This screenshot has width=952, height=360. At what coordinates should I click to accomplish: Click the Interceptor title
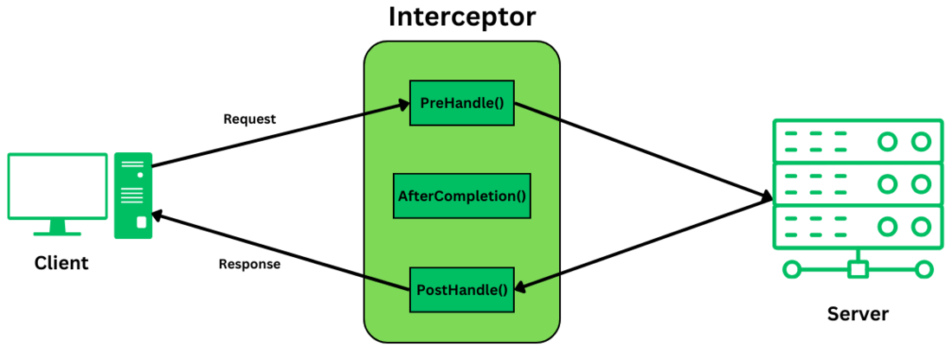pos(461,17)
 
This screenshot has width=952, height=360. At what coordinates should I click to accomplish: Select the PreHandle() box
pos(461,104)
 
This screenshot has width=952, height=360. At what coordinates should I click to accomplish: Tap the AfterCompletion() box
pos(461,196)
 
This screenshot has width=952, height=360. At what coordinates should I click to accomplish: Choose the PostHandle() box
pos(461,289)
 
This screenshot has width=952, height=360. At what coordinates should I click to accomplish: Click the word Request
pos(249,119)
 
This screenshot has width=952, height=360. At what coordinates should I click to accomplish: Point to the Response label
pos(249,265)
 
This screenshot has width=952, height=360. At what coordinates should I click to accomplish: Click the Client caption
pos(61,263)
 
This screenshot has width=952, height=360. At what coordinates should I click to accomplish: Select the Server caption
pos(857,314)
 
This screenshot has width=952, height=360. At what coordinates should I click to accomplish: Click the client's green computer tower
pos(133,196)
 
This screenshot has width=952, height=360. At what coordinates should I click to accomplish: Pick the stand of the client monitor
pos(58,228)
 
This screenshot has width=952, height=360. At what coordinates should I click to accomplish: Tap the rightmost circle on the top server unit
pos(921,141)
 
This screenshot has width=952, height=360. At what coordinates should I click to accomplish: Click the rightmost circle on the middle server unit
pos(921,183)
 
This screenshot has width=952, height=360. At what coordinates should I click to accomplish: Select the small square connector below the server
pos(858,269)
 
